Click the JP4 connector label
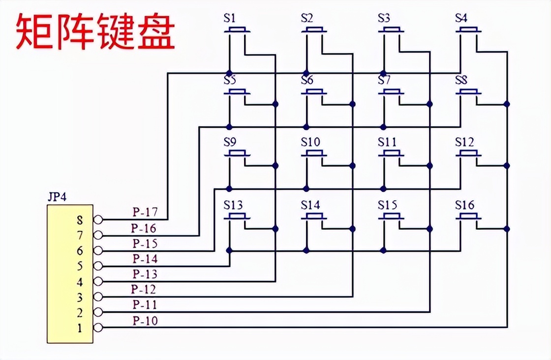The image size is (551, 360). (x=58, y=198)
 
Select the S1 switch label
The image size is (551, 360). (x=230, y=19)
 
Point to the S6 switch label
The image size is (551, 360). (x=307, y=80)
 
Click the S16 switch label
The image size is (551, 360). (x=464, y=205)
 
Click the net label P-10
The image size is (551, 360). (x=145, y=321)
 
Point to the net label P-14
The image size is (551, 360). (x=145, y=259)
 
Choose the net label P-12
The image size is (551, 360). (x=143, y=290)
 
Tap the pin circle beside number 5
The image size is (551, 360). (x=98, y=266)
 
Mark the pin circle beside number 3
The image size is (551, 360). (x=98, y=297)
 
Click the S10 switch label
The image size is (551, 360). (x=310, y=143)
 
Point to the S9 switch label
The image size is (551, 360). (x=230, y=143)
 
